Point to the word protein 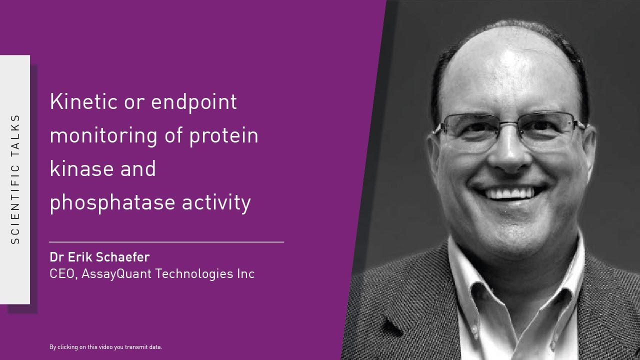(x=223, y=136)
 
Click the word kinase (x=80, y=168)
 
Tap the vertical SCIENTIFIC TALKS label (x=15, y=179)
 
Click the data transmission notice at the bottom (x=105, y=347)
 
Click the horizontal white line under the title (x=166, y=241)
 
